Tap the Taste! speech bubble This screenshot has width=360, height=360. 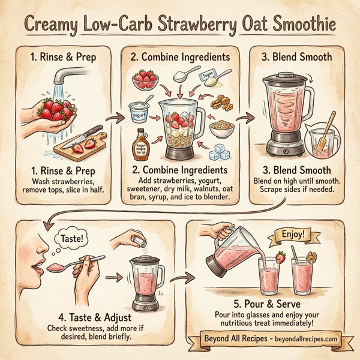pyautogui.click(x=70, y=238)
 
